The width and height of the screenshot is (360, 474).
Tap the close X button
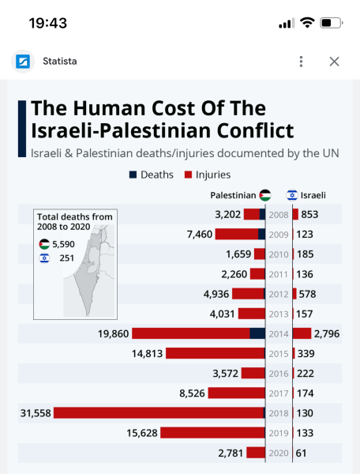pos(334,62)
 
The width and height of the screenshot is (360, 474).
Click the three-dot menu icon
pos(301,62)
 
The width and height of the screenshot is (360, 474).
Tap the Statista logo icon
pos(23,62)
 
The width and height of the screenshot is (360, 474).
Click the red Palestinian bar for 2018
pos(158,412)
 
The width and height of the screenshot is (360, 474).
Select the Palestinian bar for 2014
pos(197,333)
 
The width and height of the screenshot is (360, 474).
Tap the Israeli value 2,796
pos(327,333)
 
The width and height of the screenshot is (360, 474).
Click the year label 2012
pos(279,294)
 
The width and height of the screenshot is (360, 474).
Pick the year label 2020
pos(279,452)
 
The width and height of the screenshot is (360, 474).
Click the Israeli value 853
pos(309,214)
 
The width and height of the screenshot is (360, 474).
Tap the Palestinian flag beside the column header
pos(265,195)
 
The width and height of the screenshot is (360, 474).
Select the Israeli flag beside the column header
pos(291,195)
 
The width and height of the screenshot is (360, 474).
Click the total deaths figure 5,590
pos(64,244)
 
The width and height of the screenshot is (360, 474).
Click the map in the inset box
pos(89,273)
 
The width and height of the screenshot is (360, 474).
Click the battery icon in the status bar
pos(332,23)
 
